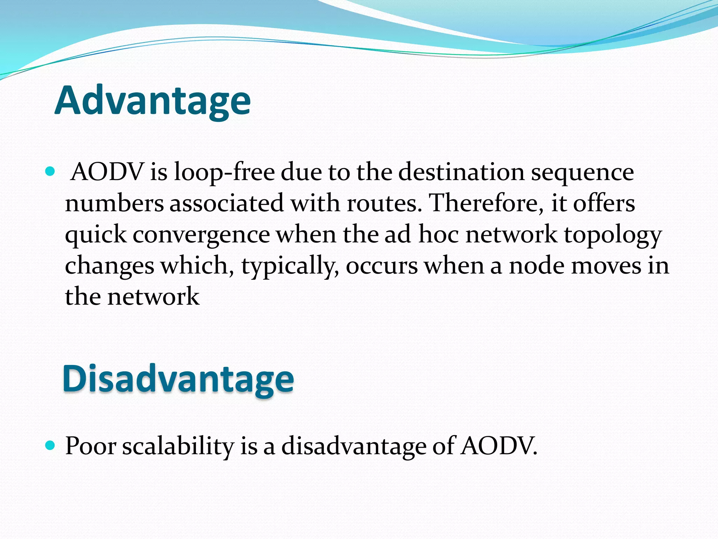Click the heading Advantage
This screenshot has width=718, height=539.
pos(153,101)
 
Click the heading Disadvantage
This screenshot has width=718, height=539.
pos(178,379)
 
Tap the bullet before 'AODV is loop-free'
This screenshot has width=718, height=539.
pos(50,172)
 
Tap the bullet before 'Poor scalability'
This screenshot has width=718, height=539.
pos(50,446)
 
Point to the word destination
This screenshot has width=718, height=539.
pos(461,173)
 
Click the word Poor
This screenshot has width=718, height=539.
pos(91,446)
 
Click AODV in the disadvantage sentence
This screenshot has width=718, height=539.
pos(498,446)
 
